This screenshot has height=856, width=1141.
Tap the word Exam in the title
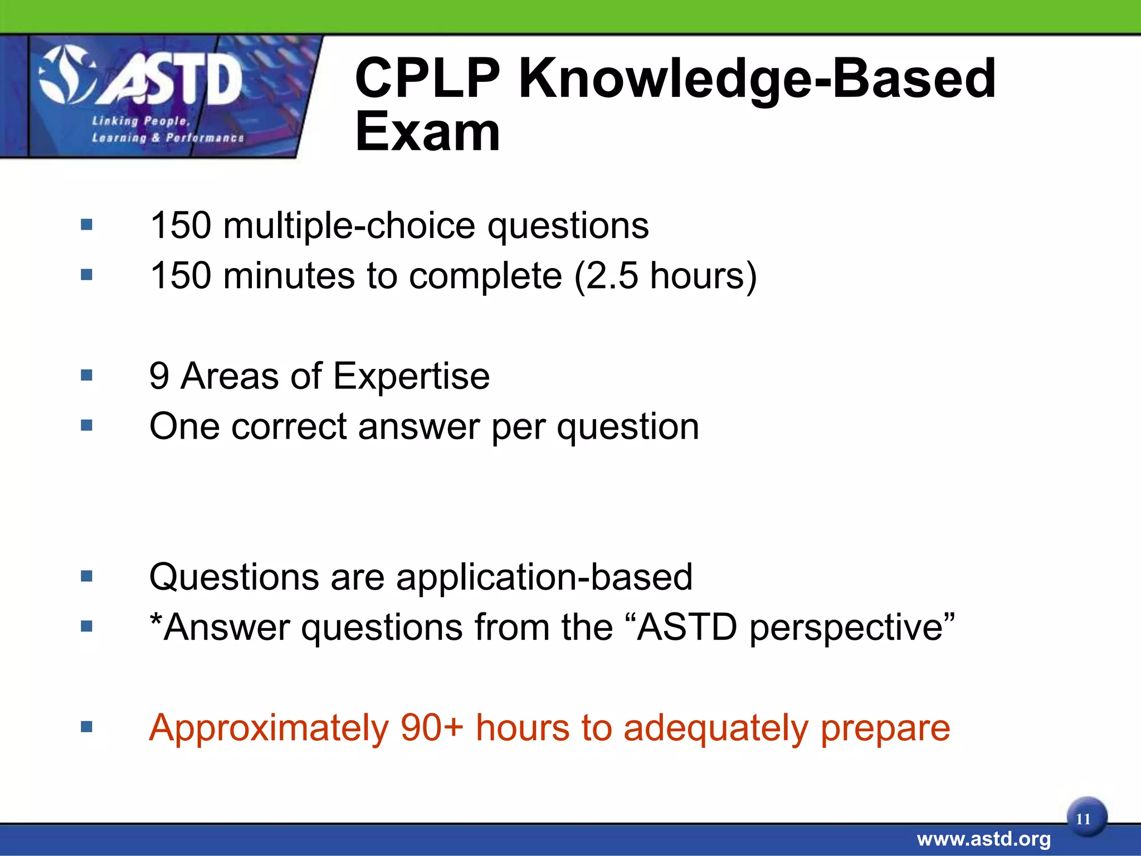(427, 133)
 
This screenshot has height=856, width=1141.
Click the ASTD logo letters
(170, 82)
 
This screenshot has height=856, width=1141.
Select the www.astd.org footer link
(983, 839)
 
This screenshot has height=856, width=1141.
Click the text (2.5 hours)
(665, 276)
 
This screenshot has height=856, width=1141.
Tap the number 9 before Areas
(159, 376)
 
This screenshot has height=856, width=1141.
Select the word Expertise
(411, 377)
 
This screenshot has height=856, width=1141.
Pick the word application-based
(544, 577)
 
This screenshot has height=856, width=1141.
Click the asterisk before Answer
(155, 620)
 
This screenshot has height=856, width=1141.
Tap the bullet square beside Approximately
(86, 726)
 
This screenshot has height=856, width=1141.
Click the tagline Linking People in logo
(141, 121)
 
